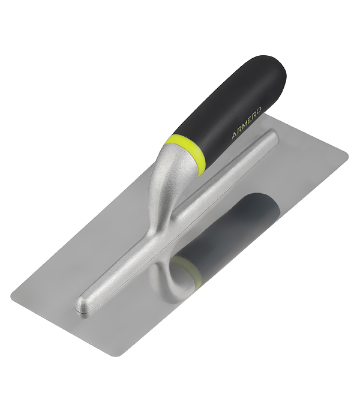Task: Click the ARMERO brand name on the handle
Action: point(246,122)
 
